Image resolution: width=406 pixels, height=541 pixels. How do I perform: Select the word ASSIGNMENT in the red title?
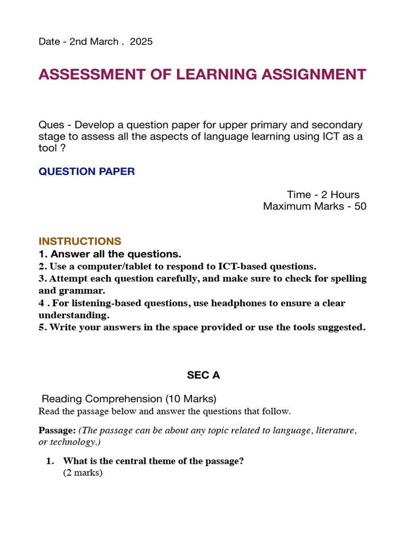317,74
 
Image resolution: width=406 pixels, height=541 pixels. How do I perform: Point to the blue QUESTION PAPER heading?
87,172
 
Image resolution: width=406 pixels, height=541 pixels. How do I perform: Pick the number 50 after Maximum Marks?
361,206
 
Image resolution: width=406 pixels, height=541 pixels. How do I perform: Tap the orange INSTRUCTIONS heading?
80,241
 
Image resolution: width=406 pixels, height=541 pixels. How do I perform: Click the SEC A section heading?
203,375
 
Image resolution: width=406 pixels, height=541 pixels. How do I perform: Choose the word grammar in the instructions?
88,291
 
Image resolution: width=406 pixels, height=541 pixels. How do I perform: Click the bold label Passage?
57,431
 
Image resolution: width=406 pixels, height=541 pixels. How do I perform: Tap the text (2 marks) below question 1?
82,473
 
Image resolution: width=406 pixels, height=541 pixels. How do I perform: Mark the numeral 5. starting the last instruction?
42,328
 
